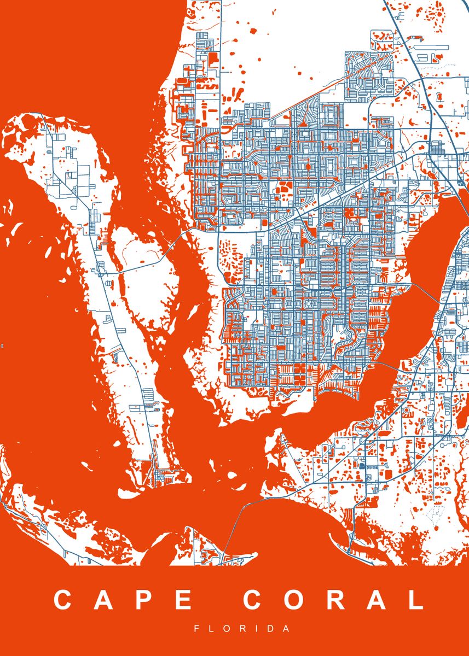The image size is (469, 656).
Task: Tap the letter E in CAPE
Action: pos(183,600)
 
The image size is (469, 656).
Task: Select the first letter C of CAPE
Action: pos(63,600)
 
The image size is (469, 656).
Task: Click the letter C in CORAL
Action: pos(253,600)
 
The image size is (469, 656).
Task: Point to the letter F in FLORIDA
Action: pos(196,629)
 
